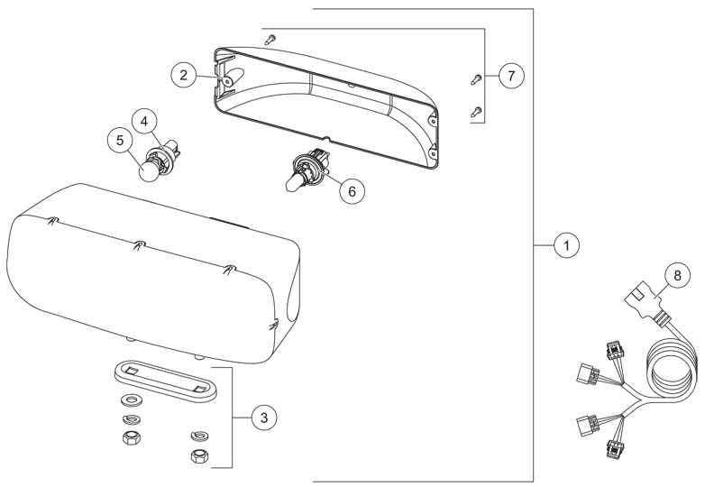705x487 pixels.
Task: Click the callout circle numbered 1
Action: (x=566, y=245)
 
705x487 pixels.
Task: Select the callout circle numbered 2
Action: (x=183, y=75)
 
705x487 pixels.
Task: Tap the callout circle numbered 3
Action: (x=264, y=418)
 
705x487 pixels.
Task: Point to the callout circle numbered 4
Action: (x=144, y=122)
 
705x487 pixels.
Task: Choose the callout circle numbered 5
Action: (x=120, y=141)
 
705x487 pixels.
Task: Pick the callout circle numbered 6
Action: (x=352, y=191)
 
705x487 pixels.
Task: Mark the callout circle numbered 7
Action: (x=511, y=76)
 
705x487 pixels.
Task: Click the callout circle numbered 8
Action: (x=678, y=275)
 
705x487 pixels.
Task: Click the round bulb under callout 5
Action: (x=148, y=171)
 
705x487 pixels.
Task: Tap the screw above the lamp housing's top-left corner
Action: (x=270, y=39)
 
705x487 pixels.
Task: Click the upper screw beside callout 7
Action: (x=476, y=79)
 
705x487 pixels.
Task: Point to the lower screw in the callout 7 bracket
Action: (x=476, y=112)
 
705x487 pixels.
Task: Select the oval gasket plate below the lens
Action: (x=166, y=379)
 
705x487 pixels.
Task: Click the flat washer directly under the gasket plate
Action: (x=132, y=400)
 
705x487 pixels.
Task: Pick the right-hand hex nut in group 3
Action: (x=199, y=457)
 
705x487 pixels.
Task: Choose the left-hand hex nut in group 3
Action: (x=132, y=437)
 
